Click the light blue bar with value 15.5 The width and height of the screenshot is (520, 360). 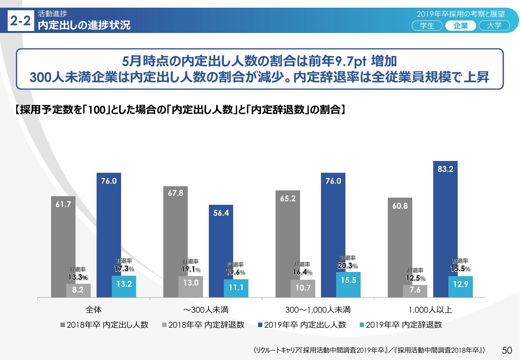[348, 285]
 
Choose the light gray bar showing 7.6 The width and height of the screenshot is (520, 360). [415, 291]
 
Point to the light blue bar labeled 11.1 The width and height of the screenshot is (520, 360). [236, 288]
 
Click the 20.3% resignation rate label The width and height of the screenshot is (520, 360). [348, 266]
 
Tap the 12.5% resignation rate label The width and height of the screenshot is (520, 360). [415, 278]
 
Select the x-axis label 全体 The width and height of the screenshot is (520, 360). [94, 310]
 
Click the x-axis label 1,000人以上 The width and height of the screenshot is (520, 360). [430, 310]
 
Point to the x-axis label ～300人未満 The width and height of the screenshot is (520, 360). [206, 310]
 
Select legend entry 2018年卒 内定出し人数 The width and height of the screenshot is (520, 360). [105, 325]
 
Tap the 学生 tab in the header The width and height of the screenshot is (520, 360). [427, 26]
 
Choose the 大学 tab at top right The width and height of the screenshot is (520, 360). [494, 26]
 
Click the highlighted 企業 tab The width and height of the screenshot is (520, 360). [461, 26]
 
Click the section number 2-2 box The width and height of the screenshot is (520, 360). [20, 21]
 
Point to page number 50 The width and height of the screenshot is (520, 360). [507, 350]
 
